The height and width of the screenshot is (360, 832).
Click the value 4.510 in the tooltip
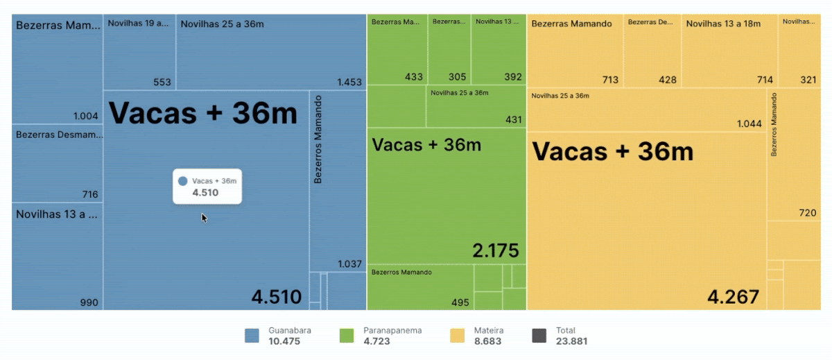pos(205,192)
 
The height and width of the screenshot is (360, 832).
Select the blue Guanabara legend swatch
pos(252,336)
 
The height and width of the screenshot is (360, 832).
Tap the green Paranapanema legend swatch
pos(347,336)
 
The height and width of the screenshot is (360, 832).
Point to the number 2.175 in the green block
pos(495,250)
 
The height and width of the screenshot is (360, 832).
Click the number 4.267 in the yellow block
pos(733,297)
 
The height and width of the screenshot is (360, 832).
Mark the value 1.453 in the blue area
pos(349,82)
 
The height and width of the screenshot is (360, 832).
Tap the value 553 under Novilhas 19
pos(162,82)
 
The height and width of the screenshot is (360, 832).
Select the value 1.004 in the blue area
pos(86,116)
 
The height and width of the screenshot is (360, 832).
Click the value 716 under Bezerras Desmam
pos(90,194)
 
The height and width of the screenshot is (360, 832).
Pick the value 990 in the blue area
pos(89,302)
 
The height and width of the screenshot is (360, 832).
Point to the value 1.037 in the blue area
pos(350,264)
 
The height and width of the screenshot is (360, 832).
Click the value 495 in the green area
pos(460,302)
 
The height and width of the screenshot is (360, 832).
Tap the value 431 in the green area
pos(513,119)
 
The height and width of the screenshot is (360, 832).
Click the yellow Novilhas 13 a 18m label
pos(722,24)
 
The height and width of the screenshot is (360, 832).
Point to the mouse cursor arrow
pos(204,217)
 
